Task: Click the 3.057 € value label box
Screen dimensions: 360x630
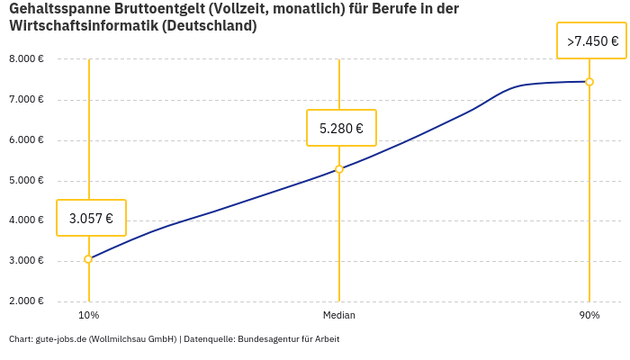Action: pyautogui.click(x=91, y=218)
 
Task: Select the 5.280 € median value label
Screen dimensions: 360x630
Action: pyautogui.click(x=341, y=128)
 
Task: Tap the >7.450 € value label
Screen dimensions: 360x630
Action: pyautogui.click(x=592, y=41)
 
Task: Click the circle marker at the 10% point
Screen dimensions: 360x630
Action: pyautogui.click(x=88, y=259)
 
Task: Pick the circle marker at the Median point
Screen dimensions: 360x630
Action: pyautogui.click(x=339, y=169)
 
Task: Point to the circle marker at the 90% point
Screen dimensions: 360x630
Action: pyautogui.click(x=589, y=82)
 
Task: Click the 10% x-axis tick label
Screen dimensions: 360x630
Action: pyautogui.click(x=88, y=315)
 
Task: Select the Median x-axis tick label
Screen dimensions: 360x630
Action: pyautogui.click(x=339, y=315)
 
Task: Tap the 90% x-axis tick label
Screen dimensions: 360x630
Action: pyautogui.click(x=589, y=315)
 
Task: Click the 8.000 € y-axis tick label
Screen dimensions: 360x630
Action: pyautogui.click(x=26, y=59)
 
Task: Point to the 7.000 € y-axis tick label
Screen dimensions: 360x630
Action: pyautogui.click(x=26, y=100)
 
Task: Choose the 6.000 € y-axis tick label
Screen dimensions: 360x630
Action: pyautogui.click(x=26, y=140)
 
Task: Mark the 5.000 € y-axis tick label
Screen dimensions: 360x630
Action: pyautogui.click(x=26, y=181)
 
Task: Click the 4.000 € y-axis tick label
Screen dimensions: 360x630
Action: pyautogui.click(x=26, y=220)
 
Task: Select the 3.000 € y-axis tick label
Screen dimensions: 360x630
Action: pyautogui.click(x=26, y=261)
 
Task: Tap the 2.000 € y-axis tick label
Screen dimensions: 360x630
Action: pyautogui.click(x=26, y=301)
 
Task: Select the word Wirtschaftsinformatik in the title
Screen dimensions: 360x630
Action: pyautogui.click(x=84, y=26)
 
